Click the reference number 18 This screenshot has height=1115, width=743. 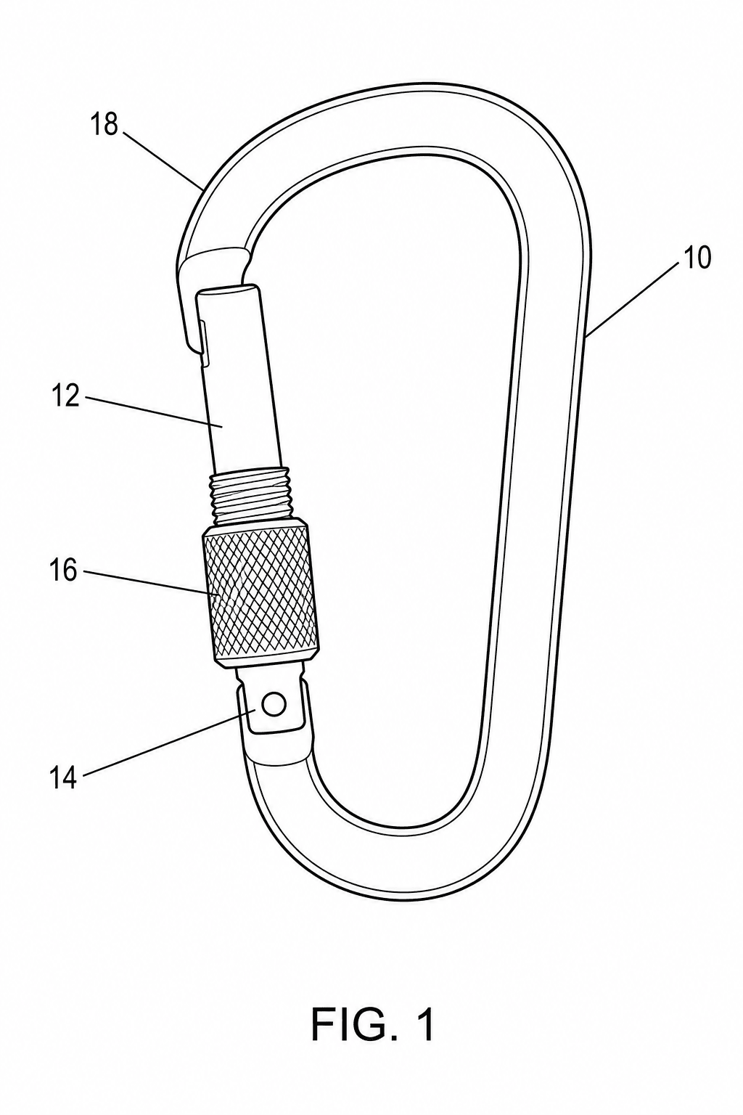[104, 124]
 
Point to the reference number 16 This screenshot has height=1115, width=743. [63, 571]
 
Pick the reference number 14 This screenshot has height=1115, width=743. [63, 778]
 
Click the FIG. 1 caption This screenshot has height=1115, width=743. [373, 1025]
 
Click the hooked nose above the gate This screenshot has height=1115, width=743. [199, 279]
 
